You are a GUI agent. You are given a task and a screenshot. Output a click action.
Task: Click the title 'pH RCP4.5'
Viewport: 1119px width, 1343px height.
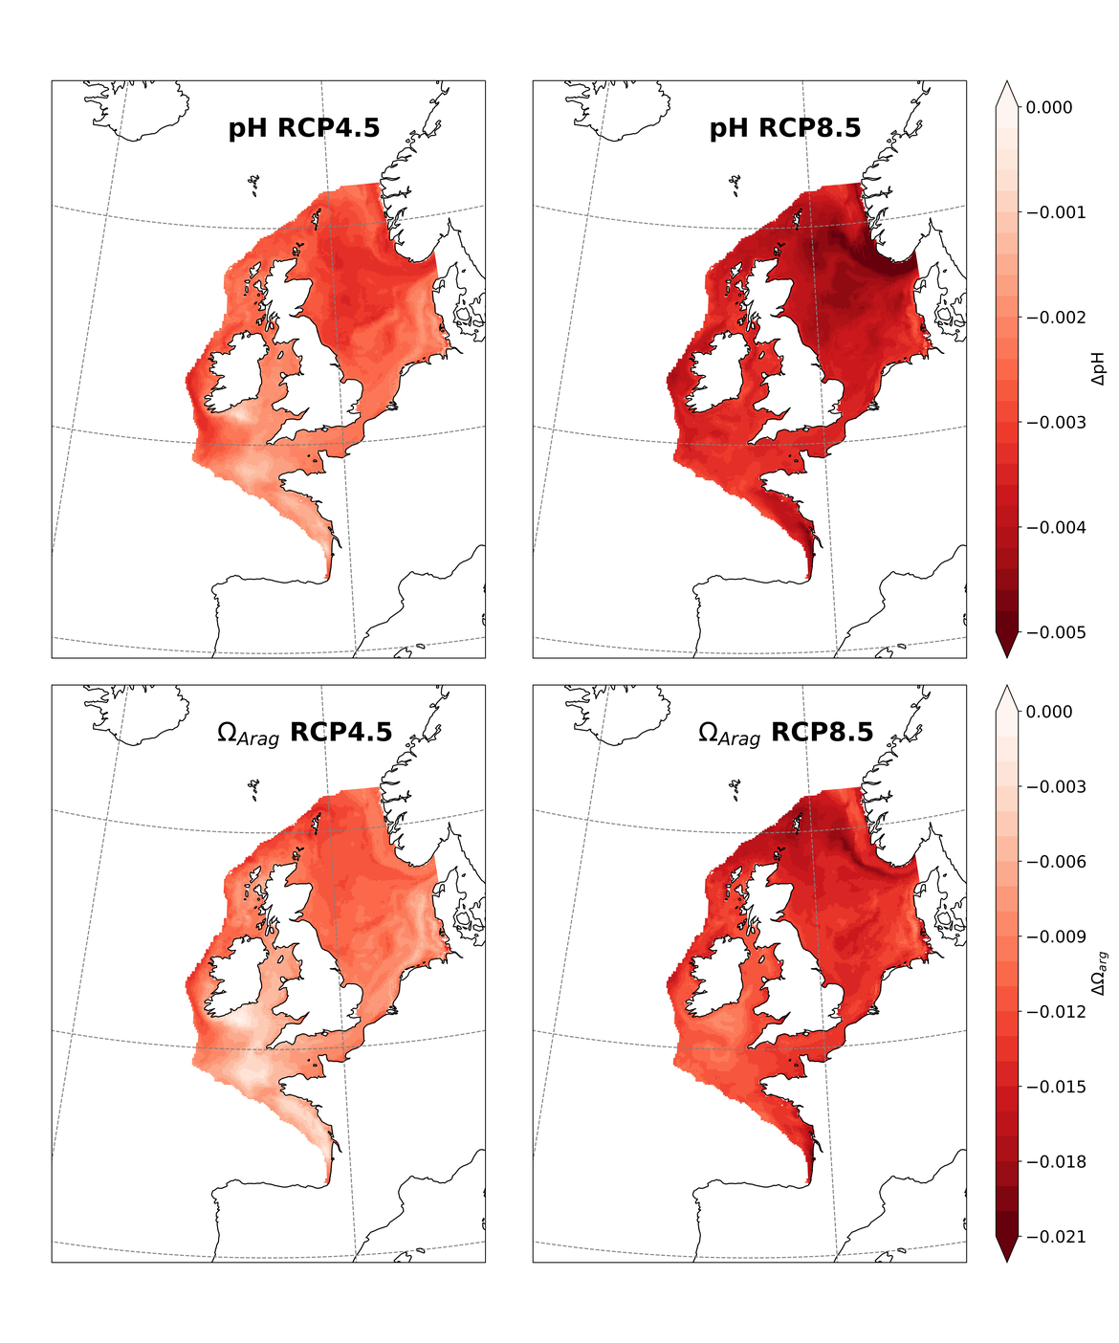click(303, 128)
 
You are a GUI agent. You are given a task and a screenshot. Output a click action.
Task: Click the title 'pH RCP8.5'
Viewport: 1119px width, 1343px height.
click(784, 128)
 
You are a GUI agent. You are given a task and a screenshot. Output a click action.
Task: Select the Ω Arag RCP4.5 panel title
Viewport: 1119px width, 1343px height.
click(304, 733)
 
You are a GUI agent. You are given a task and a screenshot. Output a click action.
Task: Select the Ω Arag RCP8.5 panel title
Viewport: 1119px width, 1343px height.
click(785, 733)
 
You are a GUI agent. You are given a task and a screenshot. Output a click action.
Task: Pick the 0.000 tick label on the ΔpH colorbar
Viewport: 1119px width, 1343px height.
click(1049, 108)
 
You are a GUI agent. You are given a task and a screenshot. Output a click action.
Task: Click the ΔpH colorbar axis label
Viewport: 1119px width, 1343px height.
click(1099, 368)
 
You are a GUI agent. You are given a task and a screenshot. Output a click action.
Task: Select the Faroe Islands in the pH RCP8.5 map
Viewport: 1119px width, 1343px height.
click(735, 184)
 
